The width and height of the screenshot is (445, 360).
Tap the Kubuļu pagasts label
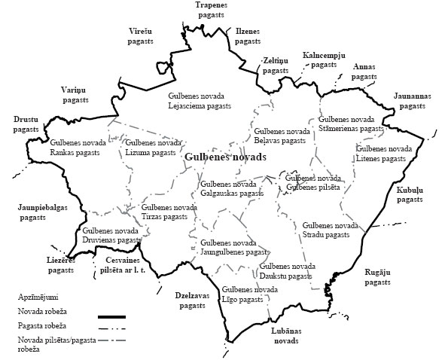tap(410, 195)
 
